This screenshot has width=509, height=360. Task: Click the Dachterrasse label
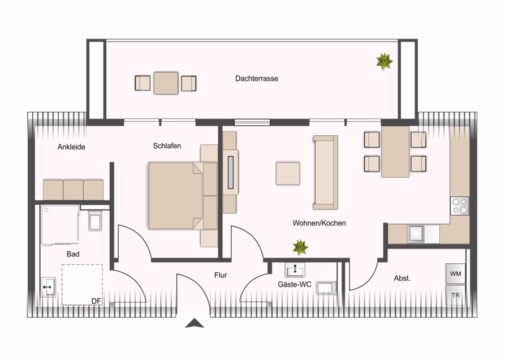pos(256,78)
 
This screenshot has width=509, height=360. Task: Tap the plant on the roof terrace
pos(385,61)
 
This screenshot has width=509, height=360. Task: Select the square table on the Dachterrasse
pos(166,83)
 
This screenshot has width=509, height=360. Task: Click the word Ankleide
pos(71,147)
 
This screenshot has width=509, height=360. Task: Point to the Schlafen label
pos(167,146)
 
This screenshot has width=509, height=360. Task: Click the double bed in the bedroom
pos(183,196)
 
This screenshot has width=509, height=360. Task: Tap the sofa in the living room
pos(325,172)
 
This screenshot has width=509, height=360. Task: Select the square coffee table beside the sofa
pos(288,174)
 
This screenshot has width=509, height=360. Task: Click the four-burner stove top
pos(460,205)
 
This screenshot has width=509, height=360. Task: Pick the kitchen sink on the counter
pos(416,234)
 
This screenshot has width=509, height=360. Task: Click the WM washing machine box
pos(455,273)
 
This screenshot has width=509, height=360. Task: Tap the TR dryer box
pos(455,295)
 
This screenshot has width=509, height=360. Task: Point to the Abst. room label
pos(402,278)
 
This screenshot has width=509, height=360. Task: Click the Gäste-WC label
pos(295,284)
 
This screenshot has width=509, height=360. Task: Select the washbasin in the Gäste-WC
pos(295,269)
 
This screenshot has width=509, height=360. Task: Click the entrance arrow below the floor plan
pos(195,323)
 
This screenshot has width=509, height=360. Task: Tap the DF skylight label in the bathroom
pos(96,301)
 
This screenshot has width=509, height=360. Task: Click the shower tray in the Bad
pos(60,225)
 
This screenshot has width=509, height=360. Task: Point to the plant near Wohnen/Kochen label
pos(300,247)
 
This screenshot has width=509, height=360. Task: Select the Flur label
pos(221,275)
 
